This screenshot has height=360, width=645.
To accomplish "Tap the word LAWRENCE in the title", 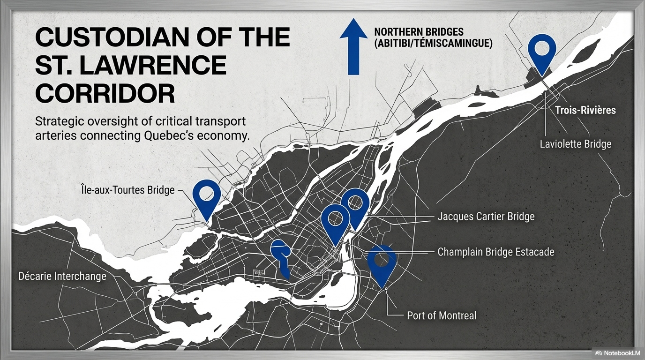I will pos(162,66).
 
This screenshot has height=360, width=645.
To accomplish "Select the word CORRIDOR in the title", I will pos(105,94).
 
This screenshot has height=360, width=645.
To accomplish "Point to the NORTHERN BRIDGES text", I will pos(419,32).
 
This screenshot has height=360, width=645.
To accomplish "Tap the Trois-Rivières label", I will pos(585,110).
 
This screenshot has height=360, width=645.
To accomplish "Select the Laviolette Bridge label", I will pos(576,143).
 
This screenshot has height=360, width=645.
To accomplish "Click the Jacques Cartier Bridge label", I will pos(486,217).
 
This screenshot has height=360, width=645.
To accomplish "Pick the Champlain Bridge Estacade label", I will pos(495,252).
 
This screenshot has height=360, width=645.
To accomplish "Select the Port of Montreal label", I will pos(442,315).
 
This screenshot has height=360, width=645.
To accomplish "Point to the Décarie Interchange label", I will pos(62,276).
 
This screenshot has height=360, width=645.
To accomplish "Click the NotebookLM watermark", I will pos(617,353).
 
